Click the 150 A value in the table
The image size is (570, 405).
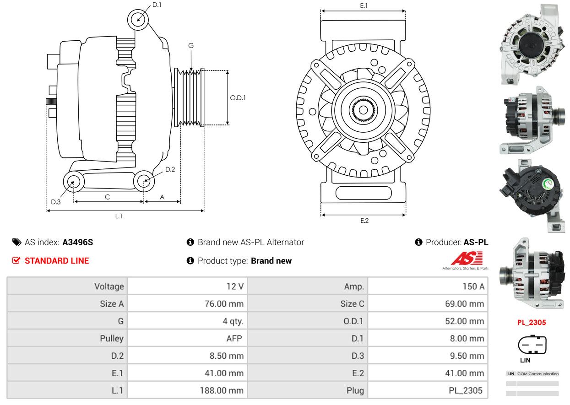(473, 286)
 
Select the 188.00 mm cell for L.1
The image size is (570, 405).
(222, 390)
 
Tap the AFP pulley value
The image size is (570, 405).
(234, 338)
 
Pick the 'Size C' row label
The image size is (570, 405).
(352, 304)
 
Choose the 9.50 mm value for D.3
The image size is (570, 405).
(467, 356)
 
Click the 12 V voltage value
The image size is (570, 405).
(235, 286)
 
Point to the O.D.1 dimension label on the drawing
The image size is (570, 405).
(238, 98)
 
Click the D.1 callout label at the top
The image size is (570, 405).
(157, 5)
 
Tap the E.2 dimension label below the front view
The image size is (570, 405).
(364, 221)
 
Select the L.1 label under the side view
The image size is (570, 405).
(119, 216)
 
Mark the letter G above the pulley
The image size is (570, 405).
(191, 46)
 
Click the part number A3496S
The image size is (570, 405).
(78, 242)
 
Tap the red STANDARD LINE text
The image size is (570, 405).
(57, 261)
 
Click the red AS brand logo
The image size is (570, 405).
(467, 258)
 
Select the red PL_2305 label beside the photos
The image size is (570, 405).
(532, 323)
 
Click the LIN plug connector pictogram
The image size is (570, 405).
(532, 345)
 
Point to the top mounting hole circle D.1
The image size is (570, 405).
(138, 20)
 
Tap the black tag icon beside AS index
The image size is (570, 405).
(17, 242)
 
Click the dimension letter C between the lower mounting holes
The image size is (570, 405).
(107, 197)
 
